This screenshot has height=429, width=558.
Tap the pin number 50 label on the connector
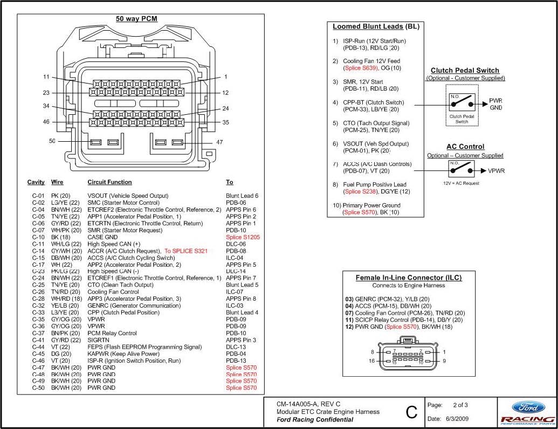pos(52,141)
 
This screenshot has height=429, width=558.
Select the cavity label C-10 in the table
pos(38,237)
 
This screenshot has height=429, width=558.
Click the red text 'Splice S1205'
pos(243,237)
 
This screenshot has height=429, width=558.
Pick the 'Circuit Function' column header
pos(109,182)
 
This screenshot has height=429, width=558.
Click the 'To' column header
pos(230,182)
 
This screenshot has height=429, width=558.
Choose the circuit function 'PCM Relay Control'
pos(112,333)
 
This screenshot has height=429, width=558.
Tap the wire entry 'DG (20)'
pos(60,354)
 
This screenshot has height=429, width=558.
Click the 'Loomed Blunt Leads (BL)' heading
pos(376,26)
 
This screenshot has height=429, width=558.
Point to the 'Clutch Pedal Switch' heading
pos(465,71)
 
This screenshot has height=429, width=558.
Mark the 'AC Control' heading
pos(465,147)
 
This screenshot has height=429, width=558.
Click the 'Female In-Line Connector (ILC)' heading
pos(409,278)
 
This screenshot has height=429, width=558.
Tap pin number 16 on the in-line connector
pos(371,361)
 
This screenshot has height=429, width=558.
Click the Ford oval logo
pos(527,408)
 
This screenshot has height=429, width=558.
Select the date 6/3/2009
pos(457,419)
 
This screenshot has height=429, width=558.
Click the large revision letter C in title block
pos(411,412)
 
